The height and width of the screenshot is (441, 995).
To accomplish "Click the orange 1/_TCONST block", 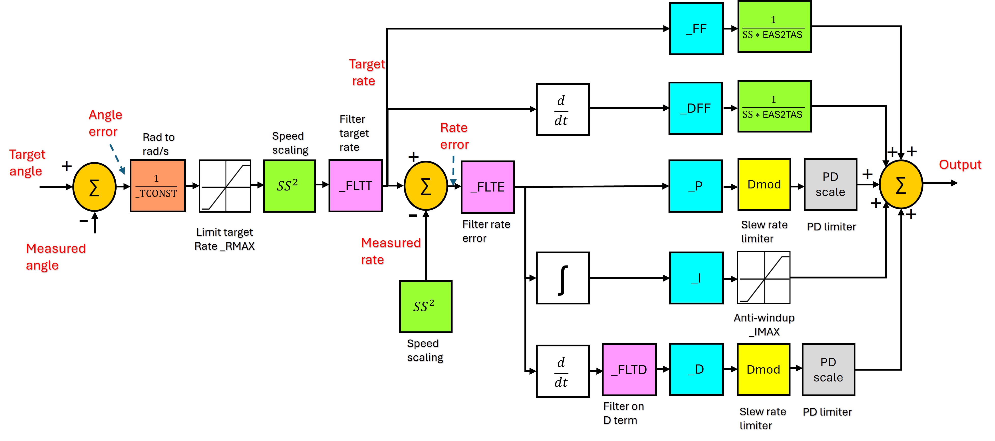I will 157,186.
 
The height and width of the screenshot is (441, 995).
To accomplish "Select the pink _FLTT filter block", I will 355,186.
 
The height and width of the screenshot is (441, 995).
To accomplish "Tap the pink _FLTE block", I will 487,187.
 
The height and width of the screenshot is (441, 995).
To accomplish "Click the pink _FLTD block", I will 629,370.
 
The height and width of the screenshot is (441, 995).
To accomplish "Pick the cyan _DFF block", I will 695,108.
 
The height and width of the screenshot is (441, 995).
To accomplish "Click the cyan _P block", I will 695,186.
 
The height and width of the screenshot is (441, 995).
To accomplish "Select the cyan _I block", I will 696,278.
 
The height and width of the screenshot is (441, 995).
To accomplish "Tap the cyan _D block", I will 696,369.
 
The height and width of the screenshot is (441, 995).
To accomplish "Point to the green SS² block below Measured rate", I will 426,307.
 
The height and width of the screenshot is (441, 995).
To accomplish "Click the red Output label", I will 960,165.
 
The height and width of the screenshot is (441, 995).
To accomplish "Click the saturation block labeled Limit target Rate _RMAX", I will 225,186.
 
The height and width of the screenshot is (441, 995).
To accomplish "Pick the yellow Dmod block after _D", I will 763,370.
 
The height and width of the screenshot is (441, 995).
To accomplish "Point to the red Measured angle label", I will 56,257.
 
